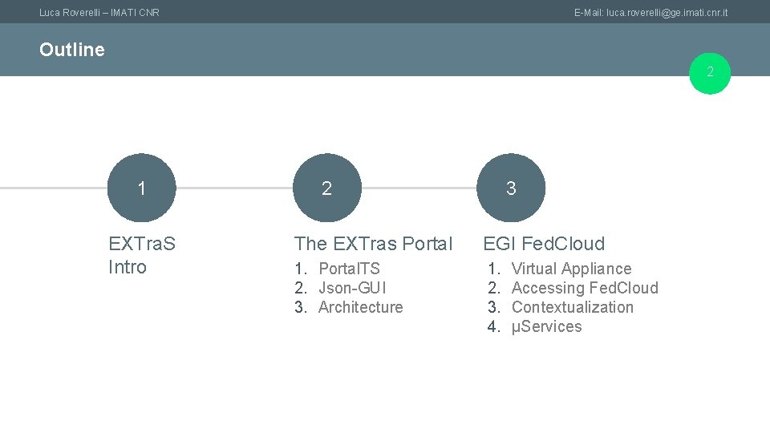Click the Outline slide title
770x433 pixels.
pyautogui.click(x=71, y=50)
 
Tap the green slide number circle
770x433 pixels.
pyautogui.click(x=710, y=73)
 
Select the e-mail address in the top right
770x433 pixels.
pyautogui.click(x=650, y=12)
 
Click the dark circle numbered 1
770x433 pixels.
pyautogui.click(x=141, y=188)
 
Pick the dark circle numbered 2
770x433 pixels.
pyautogui.click(x=326, y=188)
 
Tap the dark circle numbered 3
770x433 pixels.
pyautogui.click(x=511, y=188)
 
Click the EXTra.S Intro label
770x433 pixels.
pyautogui.click(x=142, y=255)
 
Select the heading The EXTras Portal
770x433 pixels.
pyautogui.click(x=373, y=244)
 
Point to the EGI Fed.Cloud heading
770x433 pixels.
pyautogui.click(x=544, y=244)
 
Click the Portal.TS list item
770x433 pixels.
pyautogui.click(x=349, y=269)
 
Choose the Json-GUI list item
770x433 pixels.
pyautogui.click(x=352, y=288)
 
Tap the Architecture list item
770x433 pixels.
pyautogui.click(x=360, y=307)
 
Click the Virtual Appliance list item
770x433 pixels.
pyautogui.click(x=571, y=269)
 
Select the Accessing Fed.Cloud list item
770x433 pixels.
pyautogui.click(x=584, y=288)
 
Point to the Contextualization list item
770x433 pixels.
pyautogui.click(x=572, y=307)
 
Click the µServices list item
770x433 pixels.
pyautogui.click(x=546, y=326)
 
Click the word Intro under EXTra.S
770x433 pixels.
pyautogui.click(x=128, y=267)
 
